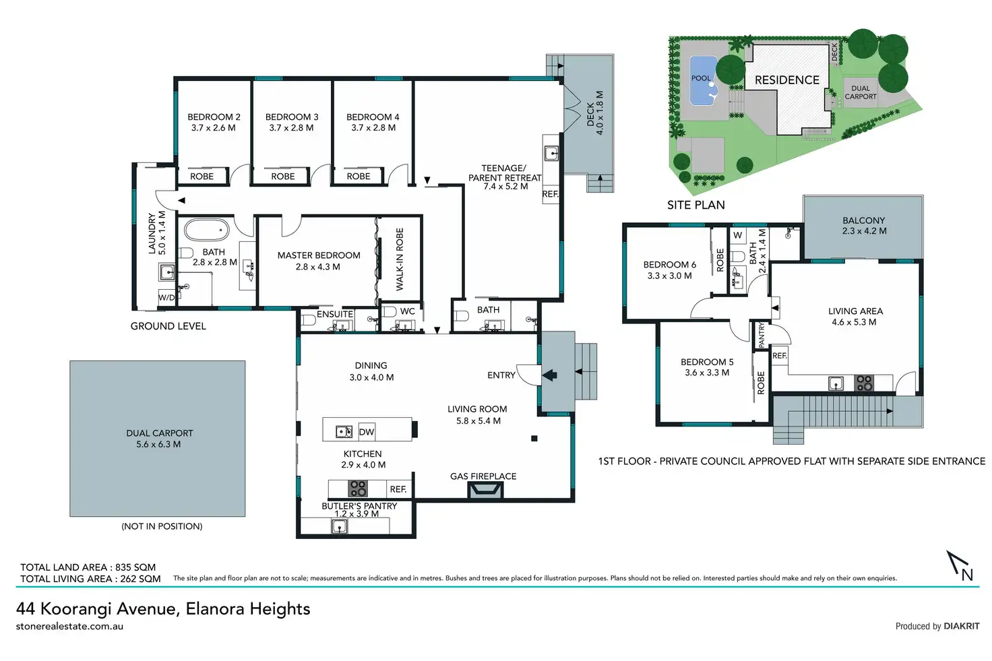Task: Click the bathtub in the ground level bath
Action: click(206, 230)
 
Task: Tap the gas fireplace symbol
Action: click(486, 490)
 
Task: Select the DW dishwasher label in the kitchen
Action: click(367, 432)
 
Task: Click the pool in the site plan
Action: click(704, 81)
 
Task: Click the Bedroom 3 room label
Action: click(292, 122)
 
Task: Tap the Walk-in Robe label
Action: click(400, 259)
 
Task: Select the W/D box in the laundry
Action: click(166, 298)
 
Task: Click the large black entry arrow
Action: click(550, 375)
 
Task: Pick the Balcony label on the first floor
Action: click(864, 225)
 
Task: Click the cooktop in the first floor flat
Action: click(864, 383)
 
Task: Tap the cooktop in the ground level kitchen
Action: click(357, 489)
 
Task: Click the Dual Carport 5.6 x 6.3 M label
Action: click(160, 438)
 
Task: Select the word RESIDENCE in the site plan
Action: click(787, 80)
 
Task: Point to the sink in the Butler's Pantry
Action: click(340, 527)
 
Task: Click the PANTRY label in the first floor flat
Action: click(762, 335)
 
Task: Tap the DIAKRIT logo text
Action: click(962, 626)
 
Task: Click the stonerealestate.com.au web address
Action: click(69, 626)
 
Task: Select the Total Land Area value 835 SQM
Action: click(135, 567)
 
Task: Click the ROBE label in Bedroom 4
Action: click(359, 177)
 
